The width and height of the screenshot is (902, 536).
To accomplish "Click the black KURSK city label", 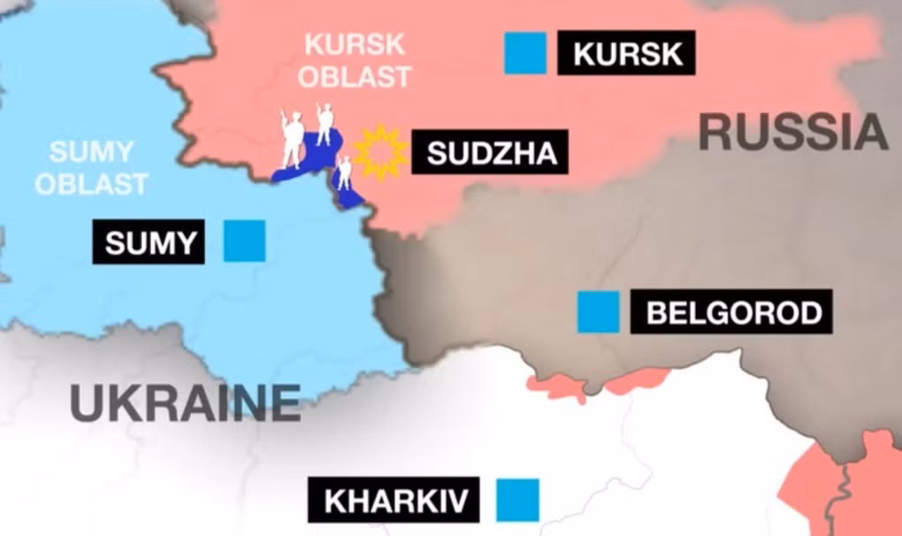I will click(x=626, y=53).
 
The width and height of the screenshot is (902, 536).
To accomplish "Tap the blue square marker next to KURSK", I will click(x=525, y=52).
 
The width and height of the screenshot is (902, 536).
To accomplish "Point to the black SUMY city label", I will click(x=149, y=241).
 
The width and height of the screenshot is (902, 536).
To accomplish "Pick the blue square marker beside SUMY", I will click(x=244, y=241).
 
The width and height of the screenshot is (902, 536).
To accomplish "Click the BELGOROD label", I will click(x=731, y=312).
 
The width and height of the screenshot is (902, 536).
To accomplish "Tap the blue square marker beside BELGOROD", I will click(x=598, y=312).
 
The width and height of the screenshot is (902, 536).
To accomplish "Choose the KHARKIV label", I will click(x=394, y=500).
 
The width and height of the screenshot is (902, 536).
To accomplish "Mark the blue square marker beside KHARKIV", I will click(x=517, y=500).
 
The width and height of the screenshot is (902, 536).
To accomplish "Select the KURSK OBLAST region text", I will click(x=354, y=59).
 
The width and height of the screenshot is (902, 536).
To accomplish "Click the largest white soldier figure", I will click(x=292, y=140).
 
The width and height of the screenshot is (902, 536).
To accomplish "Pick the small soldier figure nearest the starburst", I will click(x=345, y=172).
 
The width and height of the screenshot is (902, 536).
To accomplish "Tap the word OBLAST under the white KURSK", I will click(x=354, y=75).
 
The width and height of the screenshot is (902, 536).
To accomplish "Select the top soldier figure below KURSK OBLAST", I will click(x=325, y=123).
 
